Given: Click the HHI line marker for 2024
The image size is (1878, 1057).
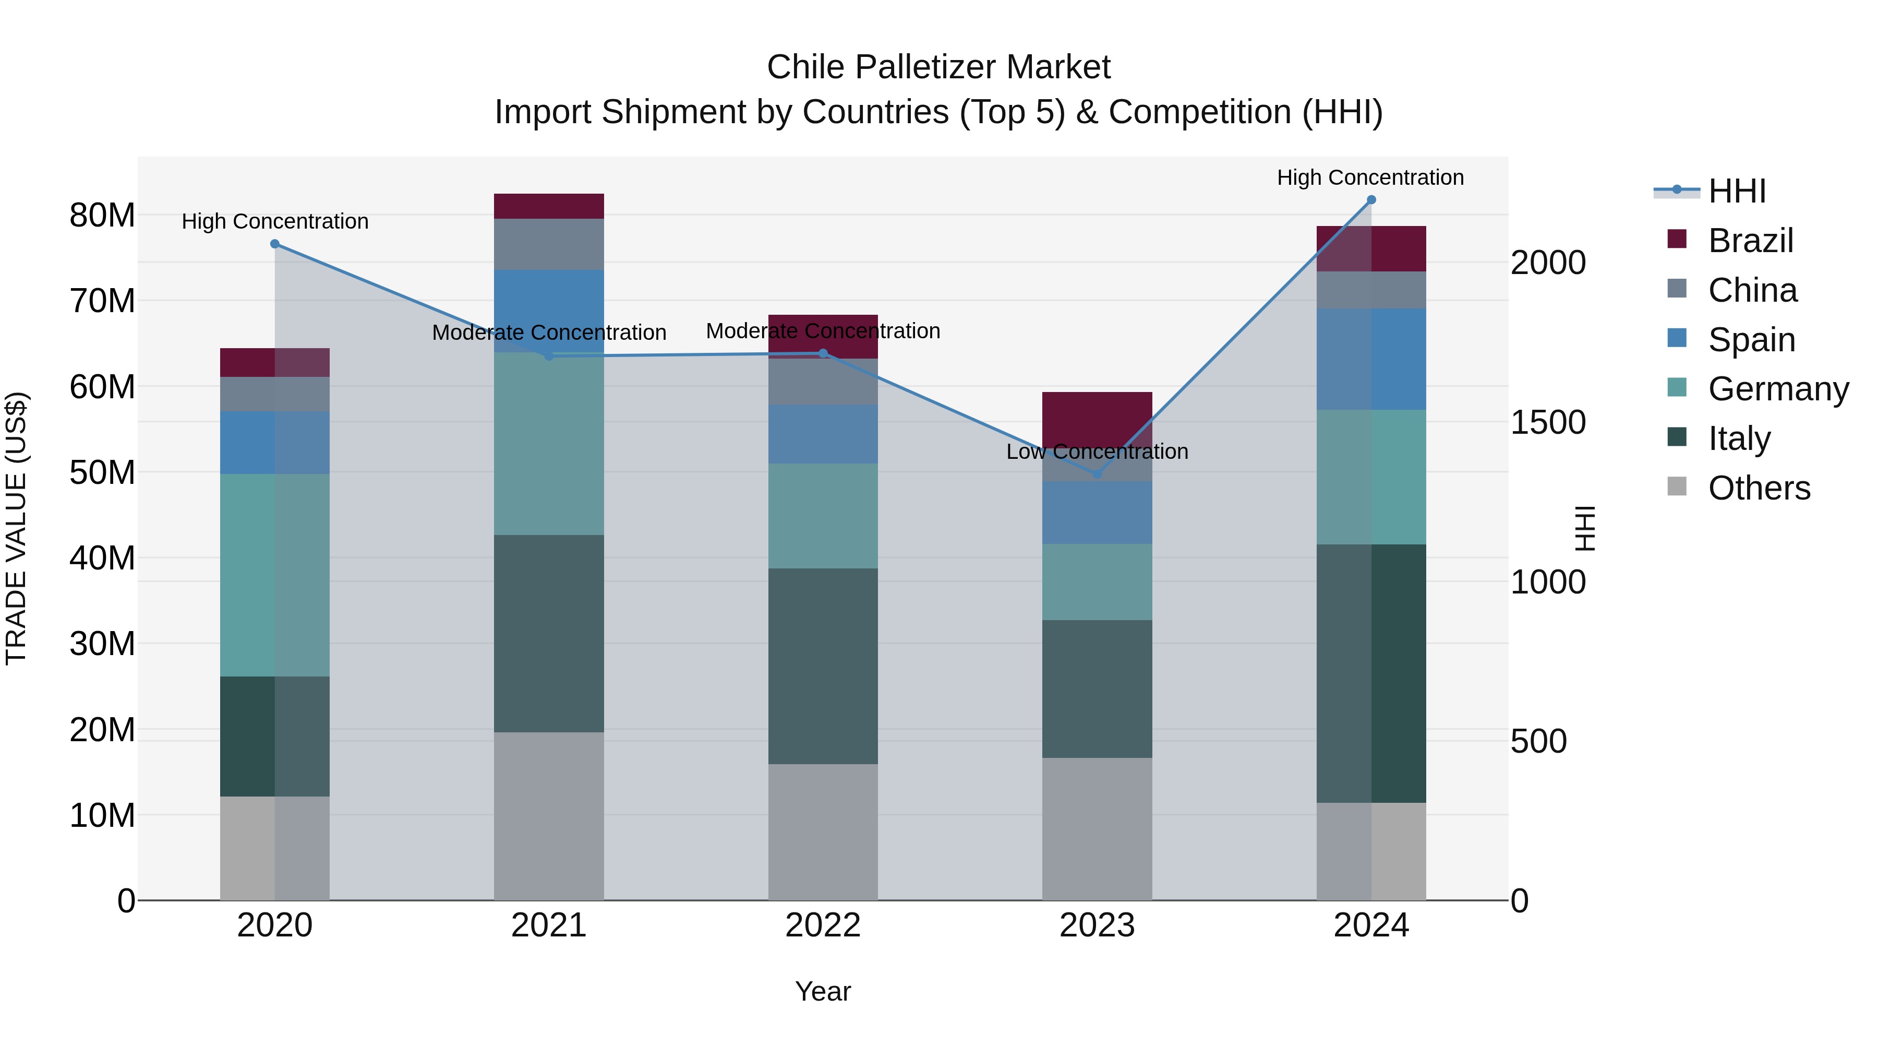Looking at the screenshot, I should pos(1370,199).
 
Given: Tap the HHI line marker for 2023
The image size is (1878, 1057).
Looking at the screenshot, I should pos(1097,474).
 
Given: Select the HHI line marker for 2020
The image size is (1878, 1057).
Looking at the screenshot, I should pos(275,244).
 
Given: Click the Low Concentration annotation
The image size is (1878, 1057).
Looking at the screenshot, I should pos(1097,452).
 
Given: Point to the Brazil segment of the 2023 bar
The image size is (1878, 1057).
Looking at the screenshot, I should pos(1097,416).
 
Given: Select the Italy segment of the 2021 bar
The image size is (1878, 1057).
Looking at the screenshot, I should pos(548,633).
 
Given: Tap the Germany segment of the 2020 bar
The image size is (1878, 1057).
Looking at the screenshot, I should pos(275,575).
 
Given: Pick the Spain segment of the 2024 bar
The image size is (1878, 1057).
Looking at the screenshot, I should pos(1370,359).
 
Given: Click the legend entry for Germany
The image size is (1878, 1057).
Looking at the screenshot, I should pos(1778,389).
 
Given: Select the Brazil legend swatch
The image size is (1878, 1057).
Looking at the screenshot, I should pos(1677,239).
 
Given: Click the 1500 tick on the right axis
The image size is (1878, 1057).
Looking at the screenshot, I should pos(1547,422).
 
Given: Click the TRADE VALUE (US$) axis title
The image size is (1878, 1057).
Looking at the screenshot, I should pos(16,528).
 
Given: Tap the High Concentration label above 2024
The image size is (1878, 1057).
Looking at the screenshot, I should pos(1370,177).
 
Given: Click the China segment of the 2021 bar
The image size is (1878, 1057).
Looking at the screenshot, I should pos(548,244).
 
